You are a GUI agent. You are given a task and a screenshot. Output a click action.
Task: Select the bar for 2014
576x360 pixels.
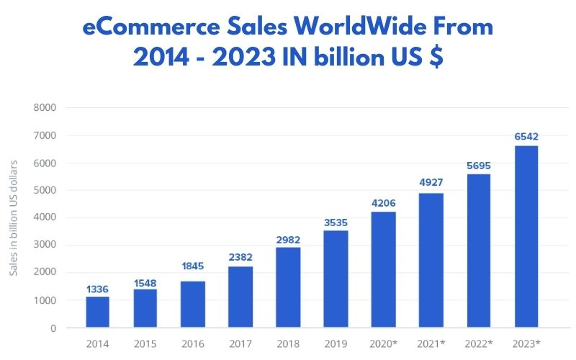pyautogui.click(x=97, y=312)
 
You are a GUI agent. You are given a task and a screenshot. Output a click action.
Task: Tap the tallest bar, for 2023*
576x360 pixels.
pyautogui.click(x=526, y=237)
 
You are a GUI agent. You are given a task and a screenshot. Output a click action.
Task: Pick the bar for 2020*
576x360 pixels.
pyautogui.click(x=383, y=269)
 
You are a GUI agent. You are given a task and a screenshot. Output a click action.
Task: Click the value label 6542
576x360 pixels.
pyautogui.click(x=526, y=136)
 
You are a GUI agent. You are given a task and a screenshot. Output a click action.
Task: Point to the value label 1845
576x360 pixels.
pyautogui.click(x=192, y=266)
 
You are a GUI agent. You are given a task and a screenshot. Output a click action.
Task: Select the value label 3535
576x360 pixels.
pyautogui.click(x=336, y=220)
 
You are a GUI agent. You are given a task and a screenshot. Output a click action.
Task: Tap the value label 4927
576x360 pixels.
pyautogui.click(x=431, y=182)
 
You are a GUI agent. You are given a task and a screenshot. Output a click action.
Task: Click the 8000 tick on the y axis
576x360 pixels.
pyautogui.click(x=45, y=108)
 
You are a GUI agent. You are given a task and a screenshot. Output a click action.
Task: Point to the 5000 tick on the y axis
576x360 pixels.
pyautogui.click(x=45, y=191)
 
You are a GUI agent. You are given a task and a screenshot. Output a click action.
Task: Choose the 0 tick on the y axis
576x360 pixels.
pyautogui.click(x=53, y=328)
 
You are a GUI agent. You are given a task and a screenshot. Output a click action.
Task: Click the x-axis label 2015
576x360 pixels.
pyautogui.click(x=145, y=344)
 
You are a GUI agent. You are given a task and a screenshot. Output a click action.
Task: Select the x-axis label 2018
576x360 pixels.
pyautogui.click(x=287, y=344)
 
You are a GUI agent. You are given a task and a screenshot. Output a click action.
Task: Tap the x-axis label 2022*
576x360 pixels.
pyautogui.click(x=478, y=344)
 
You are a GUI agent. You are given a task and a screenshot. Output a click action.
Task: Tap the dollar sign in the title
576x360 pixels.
pyautogui.click(x=436, y=58)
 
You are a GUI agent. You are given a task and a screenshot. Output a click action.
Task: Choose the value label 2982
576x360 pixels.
pyautogui.click(x=287, y=239)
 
